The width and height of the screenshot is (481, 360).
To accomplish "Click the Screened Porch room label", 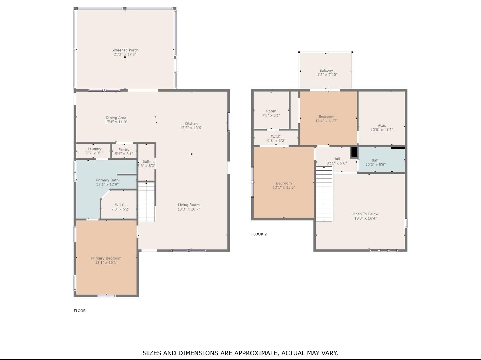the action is point(125,50).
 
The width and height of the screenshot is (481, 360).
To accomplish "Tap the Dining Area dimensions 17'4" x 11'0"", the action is point(116,122).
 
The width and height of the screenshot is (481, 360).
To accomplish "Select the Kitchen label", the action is point(191,124).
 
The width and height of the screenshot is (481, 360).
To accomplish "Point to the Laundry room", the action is point(93,151).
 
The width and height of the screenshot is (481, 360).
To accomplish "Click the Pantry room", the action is point(124,151).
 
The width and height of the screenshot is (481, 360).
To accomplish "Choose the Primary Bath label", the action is point(107,180).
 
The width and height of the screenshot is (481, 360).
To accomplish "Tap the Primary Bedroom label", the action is point(106,258).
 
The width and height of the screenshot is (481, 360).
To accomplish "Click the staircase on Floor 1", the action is point(146,202).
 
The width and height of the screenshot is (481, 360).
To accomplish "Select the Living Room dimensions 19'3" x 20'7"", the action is point(189,209).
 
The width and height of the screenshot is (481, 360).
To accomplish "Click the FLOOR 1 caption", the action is point(81,311).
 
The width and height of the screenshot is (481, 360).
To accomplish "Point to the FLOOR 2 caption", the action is point(259,234).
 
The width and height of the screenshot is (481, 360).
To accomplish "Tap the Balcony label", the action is point(326,70).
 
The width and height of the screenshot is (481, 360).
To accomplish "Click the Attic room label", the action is point(382,126).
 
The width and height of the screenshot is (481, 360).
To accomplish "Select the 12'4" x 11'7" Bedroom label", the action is point(327,116).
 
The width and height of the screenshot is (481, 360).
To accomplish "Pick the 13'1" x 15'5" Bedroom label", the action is point(284,183).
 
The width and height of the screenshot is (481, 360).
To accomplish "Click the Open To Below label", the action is point(365,214).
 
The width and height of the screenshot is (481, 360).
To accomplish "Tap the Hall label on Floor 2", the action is point(337,159).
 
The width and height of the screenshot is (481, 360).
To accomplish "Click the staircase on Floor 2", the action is point(324,194).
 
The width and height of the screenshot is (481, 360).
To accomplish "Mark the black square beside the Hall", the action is point(354,152).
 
